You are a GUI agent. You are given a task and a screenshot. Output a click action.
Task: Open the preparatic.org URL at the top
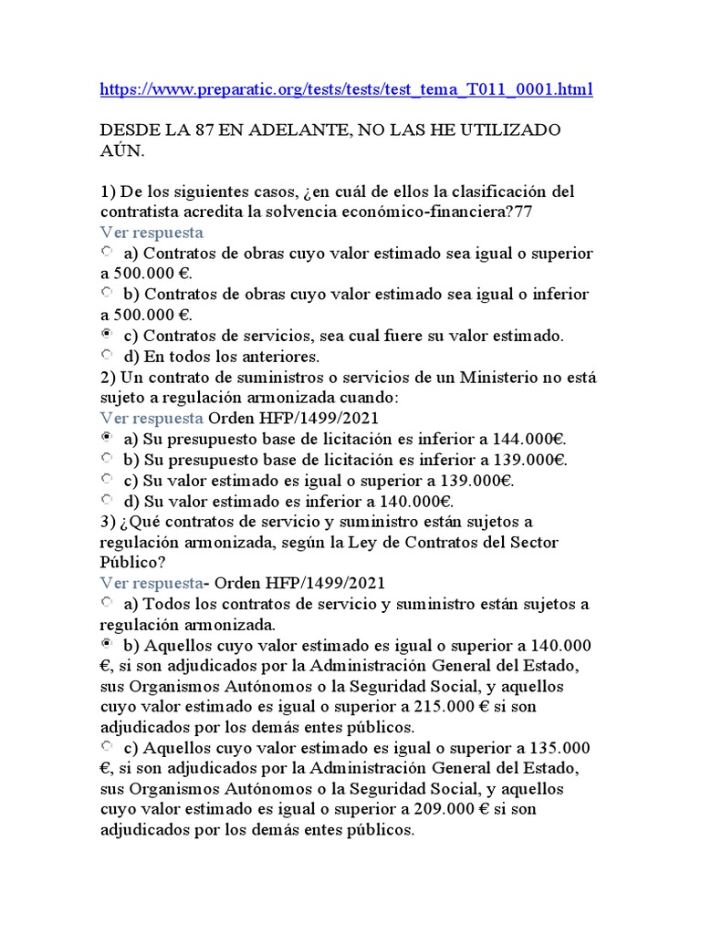(346, 89)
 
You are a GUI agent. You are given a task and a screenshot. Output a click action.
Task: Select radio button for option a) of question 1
(107, 251)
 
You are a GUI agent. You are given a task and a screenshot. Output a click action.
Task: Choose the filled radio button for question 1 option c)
(107, 335)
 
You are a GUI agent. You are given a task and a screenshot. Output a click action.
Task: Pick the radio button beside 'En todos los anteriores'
(107, 355)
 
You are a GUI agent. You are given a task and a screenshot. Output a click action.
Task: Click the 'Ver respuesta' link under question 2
(152, 418)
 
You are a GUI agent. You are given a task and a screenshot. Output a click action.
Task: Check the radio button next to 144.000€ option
(107, 438)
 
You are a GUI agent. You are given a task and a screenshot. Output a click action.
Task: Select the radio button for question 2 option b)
(107, 459)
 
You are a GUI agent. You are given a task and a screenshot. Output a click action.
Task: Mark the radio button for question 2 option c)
(107, 479)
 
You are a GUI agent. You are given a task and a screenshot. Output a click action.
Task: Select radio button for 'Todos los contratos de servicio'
(107, 602)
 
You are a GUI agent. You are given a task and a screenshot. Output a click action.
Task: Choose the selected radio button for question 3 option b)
(107, 644)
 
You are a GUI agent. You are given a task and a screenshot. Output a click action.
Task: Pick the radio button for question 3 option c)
(107, 747)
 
